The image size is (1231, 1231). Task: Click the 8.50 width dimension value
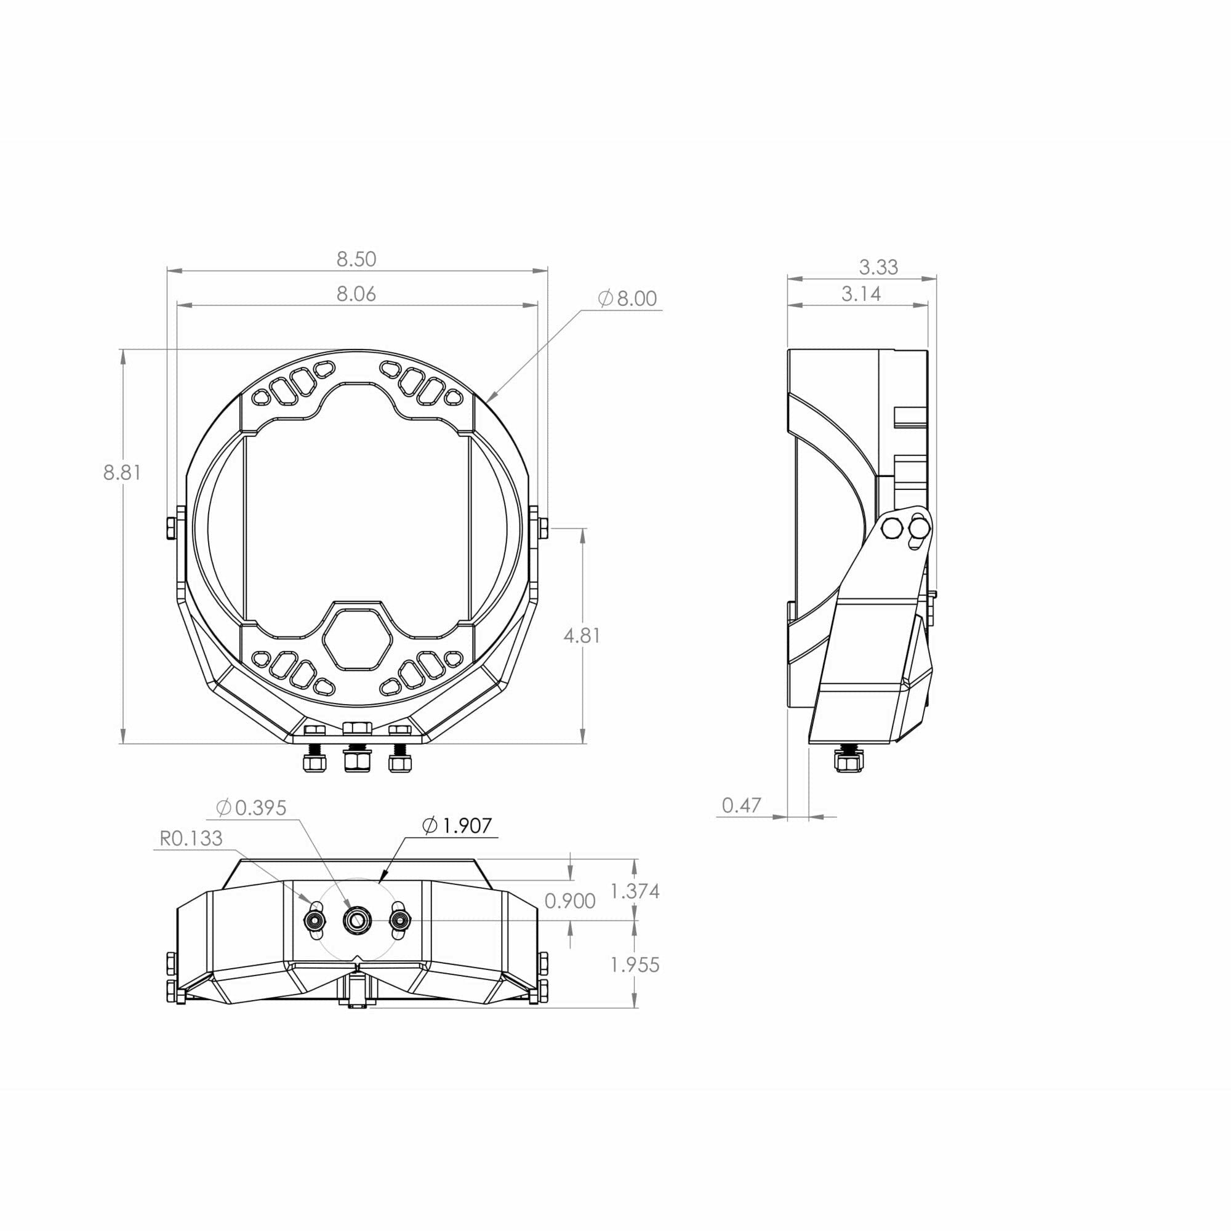356,259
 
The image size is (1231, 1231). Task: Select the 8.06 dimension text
356,294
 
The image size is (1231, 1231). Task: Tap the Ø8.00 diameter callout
628,299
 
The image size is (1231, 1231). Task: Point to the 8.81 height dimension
122,473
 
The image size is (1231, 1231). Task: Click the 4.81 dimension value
582,635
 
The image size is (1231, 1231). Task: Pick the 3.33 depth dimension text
878,267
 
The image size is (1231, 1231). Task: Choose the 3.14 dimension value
861,294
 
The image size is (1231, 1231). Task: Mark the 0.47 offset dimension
742,805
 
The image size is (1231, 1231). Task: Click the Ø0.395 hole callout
251,808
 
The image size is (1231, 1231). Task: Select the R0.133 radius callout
191,838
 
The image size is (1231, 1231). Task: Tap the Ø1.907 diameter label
457,826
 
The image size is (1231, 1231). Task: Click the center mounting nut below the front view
357,760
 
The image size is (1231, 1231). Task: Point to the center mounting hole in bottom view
357,919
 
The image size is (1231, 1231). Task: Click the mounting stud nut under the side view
847,761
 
